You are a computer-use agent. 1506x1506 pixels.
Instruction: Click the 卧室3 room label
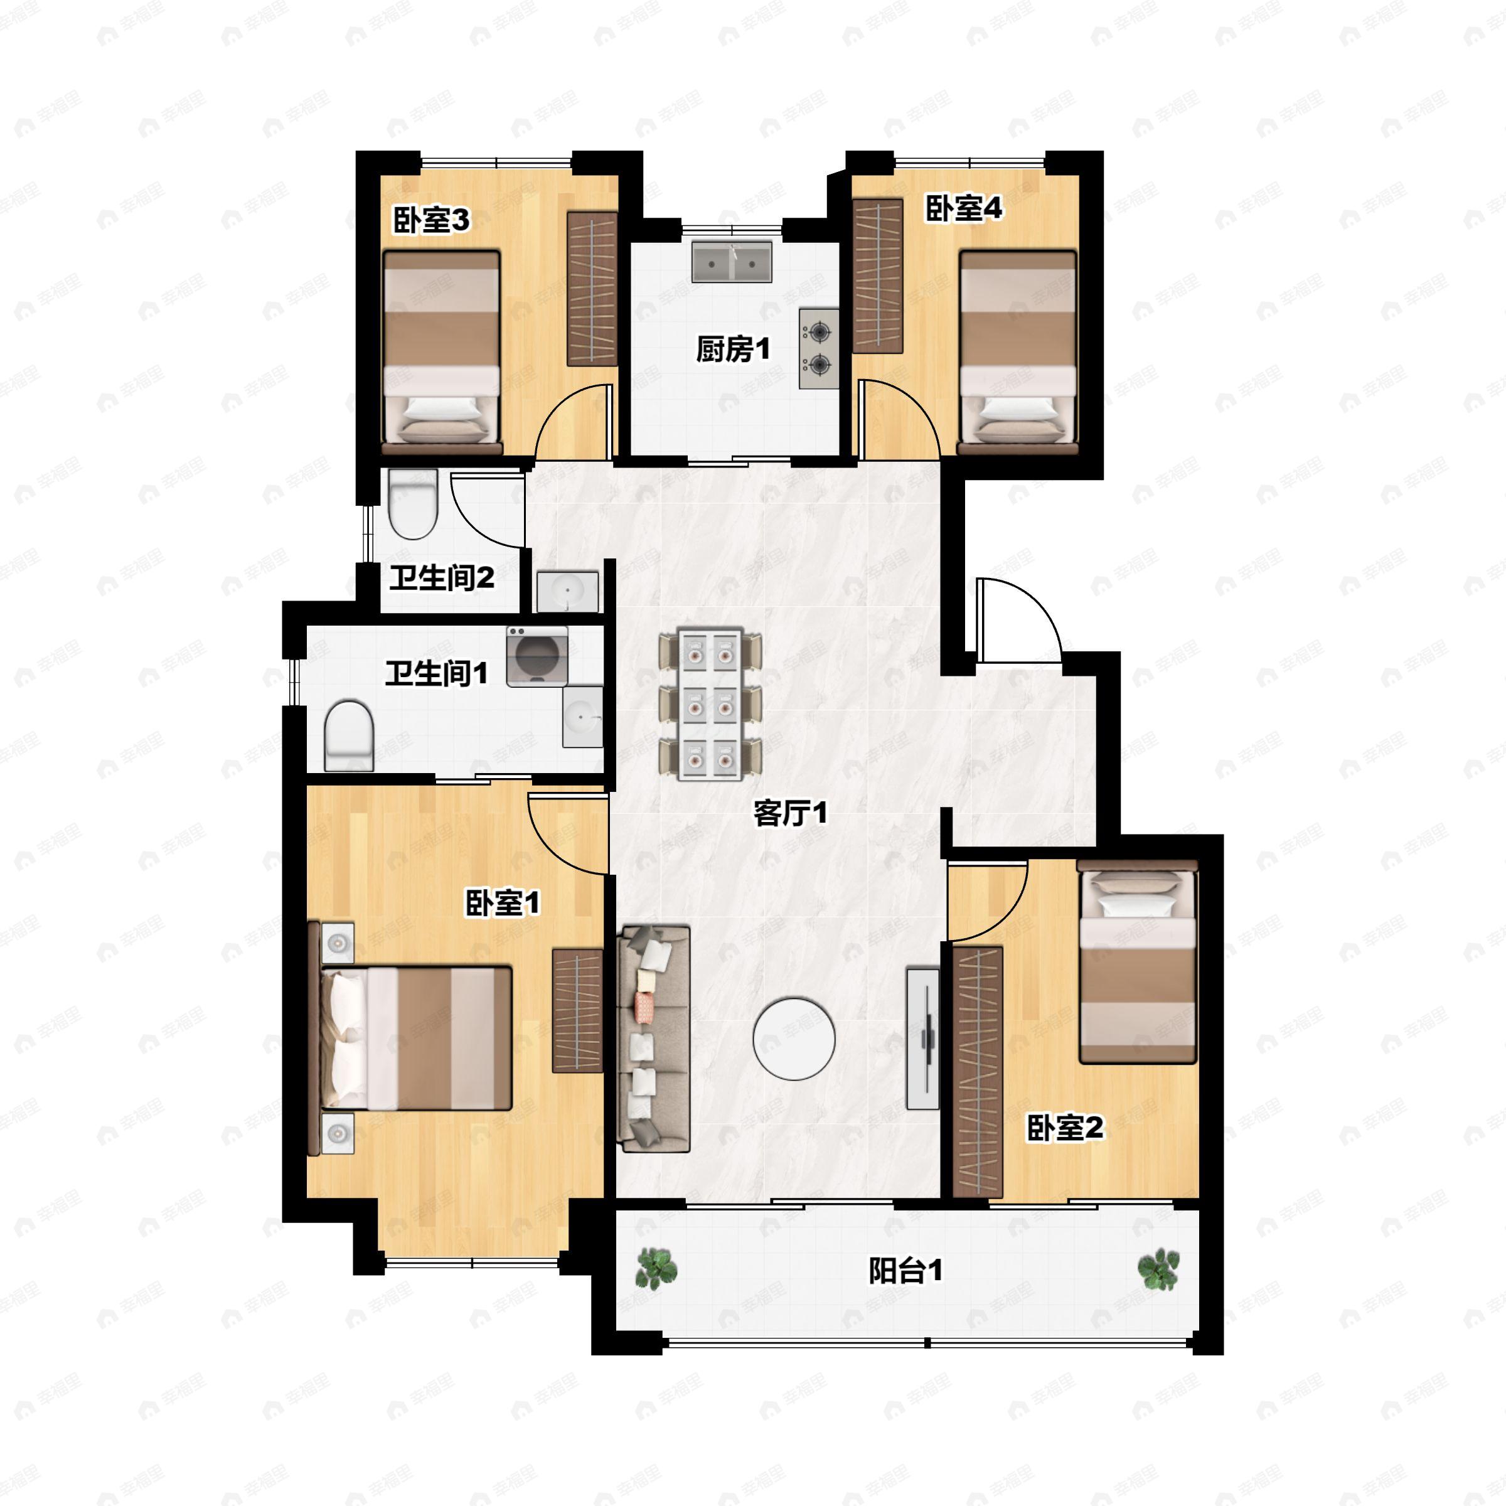click(430, 221)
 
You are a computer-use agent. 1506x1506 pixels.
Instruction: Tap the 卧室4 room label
click(963, 208)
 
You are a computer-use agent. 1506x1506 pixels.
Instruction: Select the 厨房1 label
click(733, 350)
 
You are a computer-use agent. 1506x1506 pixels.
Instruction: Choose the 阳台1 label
click(905, 1271)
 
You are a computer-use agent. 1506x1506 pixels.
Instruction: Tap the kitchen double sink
click(731, 262)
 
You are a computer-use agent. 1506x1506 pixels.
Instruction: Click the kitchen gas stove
click(818, 348)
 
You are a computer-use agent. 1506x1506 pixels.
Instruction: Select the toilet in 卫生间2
click(412, 505)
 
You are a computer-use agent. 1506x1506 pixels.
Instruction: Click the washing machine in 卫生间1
click(537, 656)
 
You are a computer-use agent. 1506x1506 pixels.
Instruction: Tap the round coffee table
click(794, 1039)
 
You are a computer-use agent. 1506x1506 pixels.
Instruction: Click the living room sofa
click(653, 1039)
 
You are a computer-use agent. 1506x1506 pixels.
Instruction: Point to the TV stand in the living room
click(923, 1039)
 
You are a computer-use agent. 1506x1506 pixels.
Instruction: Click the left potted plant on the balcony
click(656, 1268)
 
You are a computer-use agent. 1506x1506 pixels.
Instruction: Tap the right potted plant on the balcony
click(1158, 1269)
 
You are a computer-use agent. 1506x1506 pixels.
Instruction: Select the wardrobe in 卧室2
click(978, 1072)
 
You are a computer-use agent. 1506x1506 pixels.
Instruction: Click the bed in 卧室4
click(1018, 352)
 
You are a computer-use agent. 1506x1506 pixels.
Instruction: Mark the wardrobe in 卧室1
click(577, 1011)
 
